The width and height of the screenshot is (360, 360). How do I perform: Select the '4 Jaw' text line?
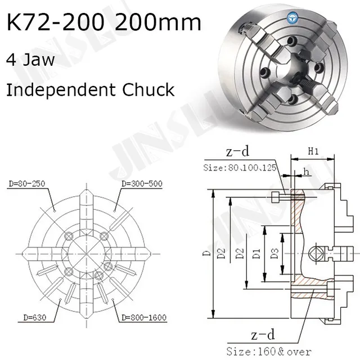(30, 60)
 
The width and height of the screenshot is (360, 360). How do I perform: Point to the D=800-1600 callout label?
(141, 318)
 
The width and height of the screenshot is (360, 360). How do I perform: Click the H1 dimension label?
(313, 152)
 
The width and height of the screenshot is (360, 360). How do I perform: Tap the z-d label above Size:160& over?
(261, 336)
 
